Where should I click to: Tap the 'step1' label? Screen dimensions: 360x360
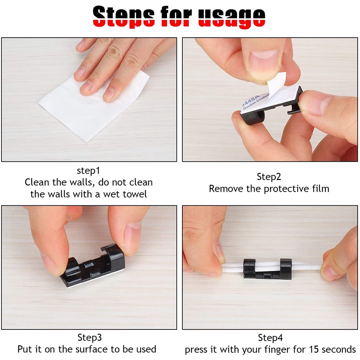pos(89,171)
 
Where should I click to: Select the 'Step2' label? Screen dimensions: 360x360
pos(269,177)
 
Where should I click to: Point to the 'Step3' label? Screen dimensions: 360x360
pos(90,338)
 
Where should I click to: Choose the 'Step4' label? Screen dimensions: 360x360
pos(270,338)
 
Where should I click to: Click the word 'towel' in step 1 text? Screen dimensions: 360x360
pos(134,194)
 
